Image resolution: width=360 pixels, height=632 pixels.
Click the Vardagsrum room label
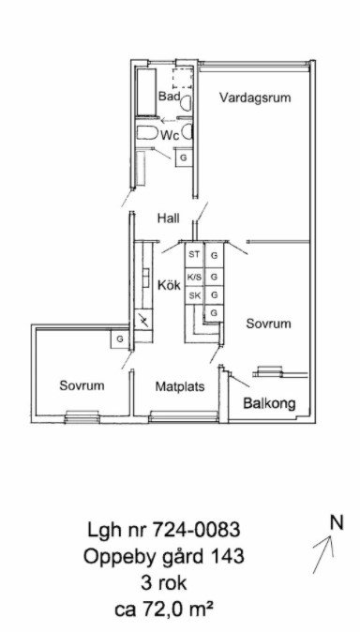coord(255,98)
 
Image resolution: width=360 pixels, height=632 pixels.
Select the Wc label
coord(170,135)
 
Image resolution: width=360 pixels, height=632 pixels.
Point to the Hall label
coord(168,218)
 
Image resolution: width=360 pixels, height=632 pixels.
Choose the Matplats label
coord(180,386)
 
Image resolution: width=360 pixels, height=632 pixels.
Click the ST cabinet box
coord(194,255)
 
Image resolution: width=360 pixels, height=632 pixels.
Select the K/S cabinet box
coord(194,277)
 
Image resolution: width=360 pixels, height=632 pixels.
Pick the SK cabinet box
coord(194,296)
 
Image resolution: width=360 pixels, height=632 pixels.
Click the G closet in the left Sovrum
coord(120,339)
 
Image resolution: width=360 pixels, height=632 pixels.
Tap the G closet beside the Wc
coord(184,158)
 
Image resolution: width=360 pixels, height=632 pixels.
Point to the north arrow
coord(322,554)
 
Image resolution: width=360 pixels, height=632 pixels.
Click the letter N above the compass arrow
coord(337,523)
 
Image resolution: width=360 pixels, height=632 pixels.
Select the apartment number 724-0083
coord(197,529)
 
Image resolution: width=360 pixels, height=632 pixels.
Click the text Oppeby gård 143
coord(164,557)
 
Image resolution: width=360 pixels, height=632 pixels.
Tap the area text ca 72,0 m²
coord(164,609)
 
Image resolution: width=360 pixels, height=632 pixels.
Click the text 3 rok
coord(164,583)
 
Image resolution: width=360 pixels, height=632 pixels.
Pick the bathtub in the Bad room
coord(146,92)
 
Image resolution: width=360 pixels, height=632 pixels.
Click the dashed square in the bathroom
coord(183,79)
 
